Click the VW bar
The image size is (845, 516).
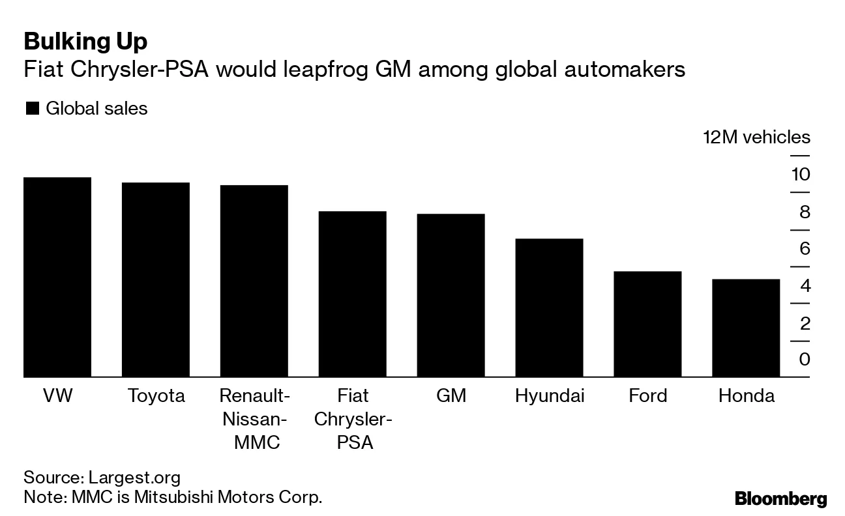(57, 277)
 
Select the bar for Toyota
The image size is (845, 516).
(156, 279)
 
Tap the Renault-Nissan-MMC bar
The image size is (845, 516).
(254, 281)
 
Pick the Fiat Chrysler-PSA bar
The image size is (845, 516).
(352, 294)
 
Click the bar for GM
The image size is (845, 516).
(451, 295)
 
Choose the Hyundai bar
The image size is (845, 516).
(549, 308)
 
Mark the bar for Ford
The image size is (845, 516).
(647, 324)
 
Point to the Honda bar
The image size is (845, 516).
(746, 328)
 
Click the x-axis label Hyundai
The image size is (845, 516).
(549, 396)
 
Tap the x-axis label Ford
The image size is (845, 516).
(647, 396)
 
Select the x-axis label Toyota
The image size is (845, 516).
(156, 396)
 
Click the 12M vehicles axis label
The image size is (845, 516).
(756, 137)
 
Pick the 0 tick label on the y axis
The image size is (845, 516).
(803, 360)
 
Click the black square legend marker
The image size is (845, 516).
(32, 109)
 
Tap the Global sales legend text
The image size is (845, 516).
(96, 108)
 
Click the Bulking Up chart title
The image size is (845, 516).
(85, 42)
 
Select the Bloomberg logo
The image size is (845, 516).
(780, 500)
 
